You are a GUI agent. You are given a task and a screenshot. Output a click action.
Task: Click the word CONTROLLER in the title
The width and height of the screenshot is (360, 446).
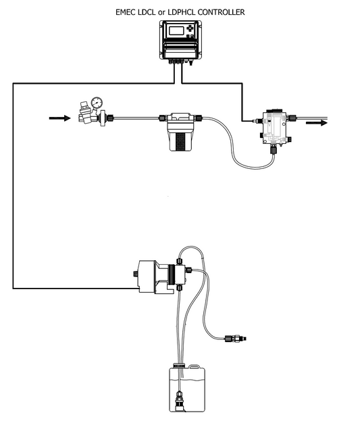[x=221, y=12]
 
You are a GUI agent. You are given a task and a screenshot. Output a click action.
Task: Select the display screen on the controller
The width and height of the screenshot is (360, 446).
[x=176, y=30]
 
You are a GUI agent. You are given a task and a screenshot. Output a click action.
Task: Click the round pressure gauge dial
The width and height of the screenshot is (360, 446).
[x=97, y=103]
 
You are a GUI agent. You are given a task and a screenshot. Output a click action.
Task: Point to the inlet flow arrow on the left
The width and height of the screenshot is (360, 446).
[x=59, y=118]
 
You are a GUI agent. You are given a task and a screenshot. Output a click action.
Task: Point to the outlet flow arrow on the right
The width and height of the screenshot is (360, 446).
[x=317, y=123]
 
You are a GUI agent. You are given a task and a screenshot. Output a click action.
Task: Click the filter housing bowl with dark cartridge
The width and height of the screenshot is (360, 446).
[x=180, y=139]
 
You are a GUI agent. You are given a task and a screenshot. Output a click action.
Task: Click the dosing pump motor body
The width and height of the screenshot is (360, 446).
[x=147, y=276]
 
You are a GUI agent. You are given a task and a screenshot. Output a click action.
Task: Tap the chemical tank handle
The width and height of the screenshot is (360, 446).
[x=195, y=367]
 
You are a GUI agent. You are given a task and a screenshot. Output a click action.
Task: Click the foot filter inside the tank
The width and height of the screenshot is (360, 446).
[x=180, y=401]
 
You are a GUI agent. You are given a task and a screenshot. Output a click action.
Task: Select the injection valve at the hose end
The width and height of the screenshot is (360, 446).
[x=236, y=339]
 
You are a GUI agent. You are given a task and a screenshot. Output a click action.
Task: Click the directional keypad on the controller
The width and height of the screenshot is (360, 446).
[x=190, y=28]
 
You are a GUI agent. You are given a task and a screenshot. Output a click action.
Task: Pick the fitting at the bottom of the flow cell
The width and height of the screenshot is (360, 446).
[x=274, y=149]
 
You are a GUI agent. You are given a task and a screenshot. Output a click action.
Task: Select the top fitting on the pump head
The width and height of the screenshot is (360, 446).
[x=179, y=261]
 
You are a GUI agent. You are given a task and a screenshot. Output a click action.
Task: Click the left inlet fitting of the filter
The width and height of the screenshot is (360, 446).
[x=163, y=118]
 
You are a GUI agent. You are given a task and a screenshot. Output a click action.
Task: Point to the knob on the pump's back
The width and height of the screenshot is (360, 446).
[x=136, y=274]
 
